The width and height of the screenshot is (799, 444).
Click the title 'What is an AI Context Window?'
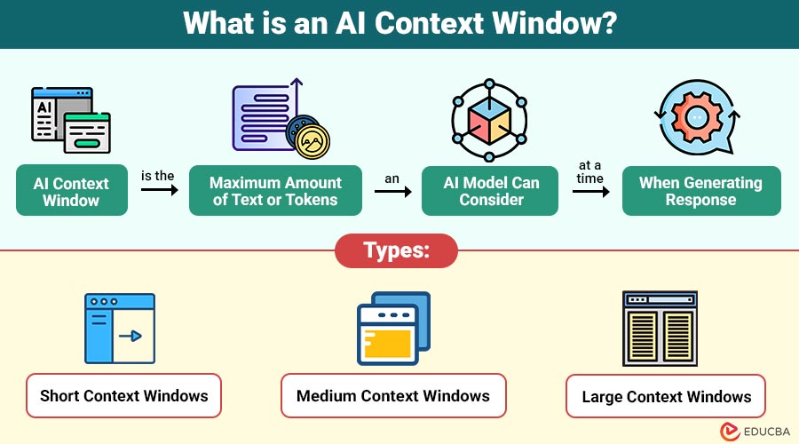[x=399, y=23]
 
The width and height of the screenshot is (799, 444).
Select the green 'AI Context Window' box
[x=71, y=191]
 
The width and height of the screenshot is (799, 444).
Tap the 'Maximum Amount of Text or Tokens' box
[x=275, y=191]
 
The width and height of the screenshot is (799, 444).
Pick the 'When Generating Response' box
[x=700, y=191]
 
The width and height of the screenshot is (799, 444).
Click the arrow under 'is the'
[x=158, y=191]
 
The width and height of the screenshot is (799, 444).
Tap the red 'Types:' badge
[x=396, y=250]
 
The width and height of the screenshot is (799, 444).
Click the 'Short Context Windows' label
[x=123, y=396]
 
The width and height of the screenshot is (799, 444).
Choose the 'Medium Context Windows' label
[x=393, y=395]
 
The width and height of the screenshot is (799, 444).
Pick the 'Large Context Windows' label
[x=667, y=397]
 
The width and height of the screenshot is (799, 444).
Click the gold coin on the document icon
[x=312, y=140]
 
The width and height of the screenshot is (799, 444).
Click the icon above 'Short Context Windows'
[x=120, y=329]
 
